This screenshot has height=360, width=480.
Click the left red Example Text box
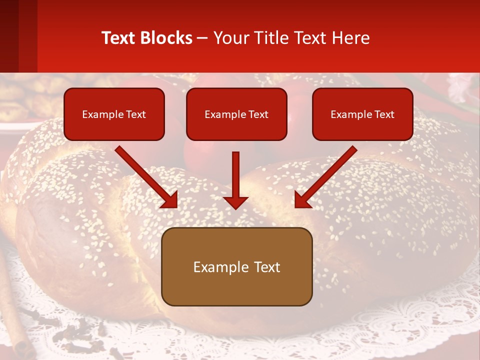coord(114,114)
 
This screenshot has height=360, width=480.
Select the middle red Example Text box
coord(236,114)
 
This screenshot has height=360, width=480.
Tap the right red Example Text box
coord(362,114)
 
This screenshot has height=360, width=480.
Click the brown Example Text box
coord(236,266)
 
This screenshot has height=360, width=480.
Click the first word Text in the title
coord(118,37)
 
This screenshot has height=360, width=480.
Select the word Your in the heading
coord(228,37)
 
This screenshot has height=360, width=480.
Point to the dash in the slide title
coord(202,37)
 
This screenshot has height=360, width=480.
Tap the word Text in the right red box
coord(384,114)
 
